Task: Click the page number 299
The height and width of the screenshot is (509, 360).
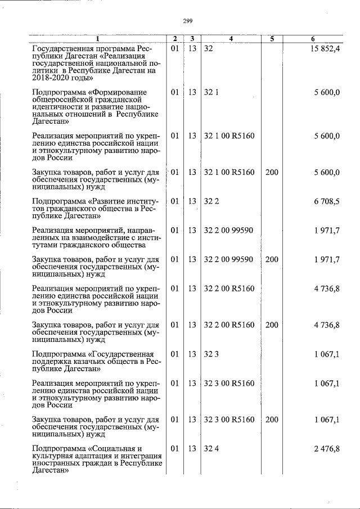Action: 188,21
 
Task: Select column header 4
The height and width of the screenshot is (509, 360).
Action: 231,39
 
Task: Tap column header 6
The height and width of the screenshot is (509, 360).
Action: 313,39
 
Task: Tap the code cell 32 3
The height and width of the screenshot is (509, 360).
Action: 211,354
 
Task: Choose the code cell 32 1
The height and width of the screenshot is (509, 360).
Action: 211,93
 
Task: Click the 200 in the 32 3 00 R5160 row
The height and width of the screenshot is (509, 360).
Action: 271,420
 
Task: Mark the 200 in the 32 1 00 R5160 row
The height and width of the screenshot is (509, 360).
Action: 271,172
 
